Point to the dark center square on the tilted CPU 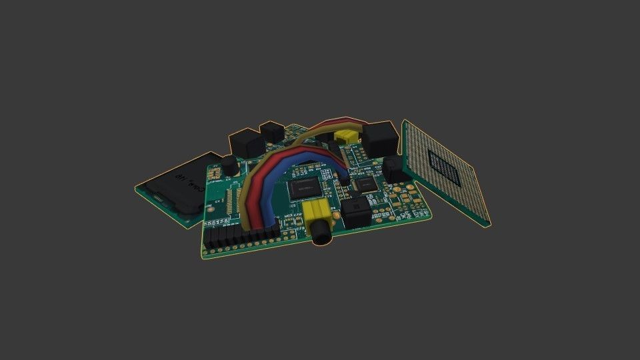[x=445, y=165]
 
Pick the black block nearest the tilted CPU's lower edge [x=393, y=168]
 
